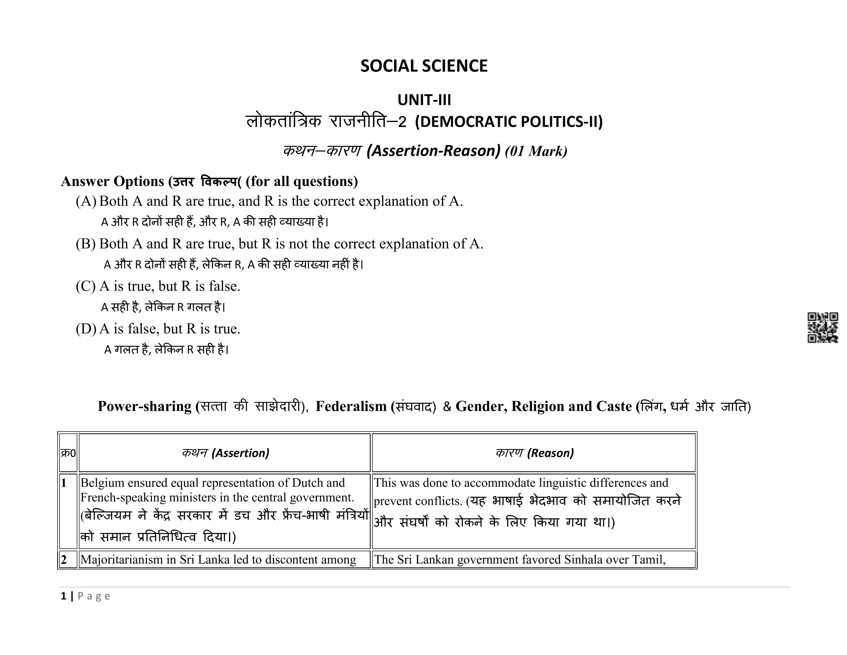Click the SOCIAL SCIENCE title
[424, 66]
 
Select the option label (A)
[86, 201]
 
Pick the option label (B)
[86, 244]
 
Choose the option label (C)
[86, 286]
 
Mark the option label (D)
[86, 329]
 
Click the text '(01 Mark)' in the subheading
[536, 151]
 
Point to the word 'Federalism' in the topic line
[351, 406]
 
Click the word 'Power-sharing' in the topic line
[144, 406]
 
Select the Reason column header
[534, 453]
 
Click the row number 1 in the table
[64, 483]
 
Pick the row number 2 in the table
[64, 559]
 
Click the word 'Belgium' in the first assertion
[102, 483]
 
